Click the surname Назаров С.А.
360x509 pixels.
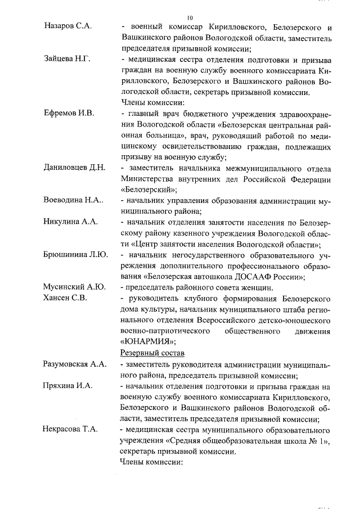[x=68, y=26]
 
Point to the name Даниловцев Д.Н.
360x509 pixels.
[x=74, y=168]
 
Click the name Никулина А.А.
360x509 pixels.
[x=71, y=222]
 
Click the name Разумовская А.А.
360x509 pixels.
[x=75, y=364]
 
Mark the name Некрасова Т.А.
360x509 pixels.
[x=71, y=430]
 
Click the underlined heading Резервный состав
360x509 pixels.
[x=152, y=353]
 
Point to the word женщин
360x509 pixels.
[x=254, y=287]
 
